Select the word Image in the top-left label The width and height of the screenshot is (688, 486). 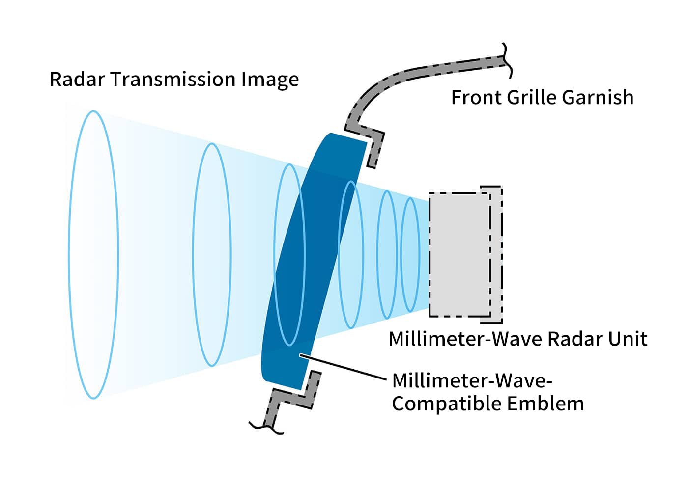270,80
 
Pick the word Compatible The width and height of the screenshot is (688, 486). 446,405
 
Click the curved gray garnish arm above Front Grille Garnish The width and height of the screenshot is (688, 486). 418,72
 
